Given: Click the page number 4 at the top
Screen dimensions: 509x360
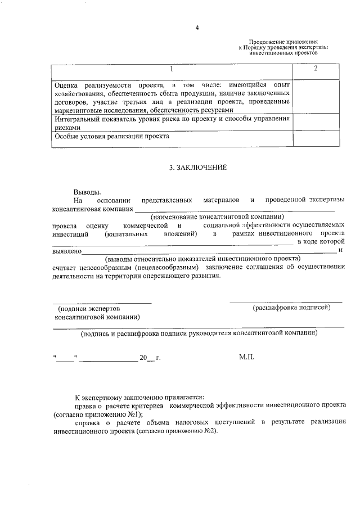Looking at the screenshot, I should pos(197,26).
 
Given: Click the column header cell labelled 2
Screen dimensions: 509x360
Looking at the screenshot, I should pos(316,69).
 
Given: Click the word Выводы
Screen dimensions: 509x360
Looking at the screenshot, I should pos(88,191).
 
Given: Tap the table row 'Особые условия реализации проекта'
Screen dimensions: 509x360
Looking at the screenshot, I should pos(112,136).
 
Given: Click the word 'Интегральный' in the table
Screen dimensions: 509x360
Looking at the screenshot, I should pos(77,119).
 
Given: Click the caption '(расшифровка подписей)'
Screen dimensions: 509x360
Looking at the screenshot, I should pos(291,308).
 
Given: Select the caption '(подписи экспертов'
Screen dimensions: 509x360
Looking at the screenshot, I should pos(89,309).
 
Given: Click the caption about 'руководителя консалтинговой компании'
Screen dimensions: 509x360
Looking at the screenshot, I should pos(199,332).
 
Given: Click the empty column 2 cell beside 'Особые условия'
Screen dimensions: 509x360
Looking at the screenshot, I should pos(316,138).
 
